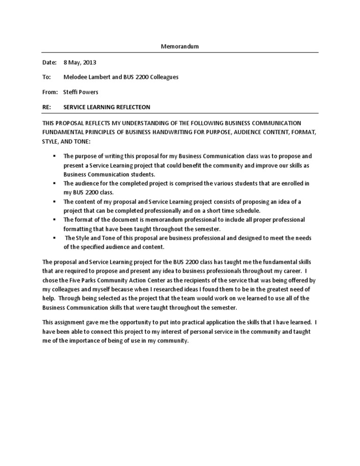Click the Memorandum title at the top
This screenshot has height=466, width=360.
(180, 46)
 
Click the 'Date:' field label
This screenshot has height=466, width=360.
(49, 62)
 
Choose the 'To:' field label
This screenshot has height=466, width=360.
(46, 77)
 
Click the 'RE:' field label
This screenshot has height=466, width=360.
(46, 107)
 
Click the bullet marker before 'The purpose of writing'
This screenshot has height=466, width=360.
(54, 155)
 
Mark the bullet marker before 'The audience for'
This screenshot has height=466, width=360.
(54, 182)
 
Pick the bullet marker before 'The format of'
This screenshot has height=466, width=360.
(54, 219)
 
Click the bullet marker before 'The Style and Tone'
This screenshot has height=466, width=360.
(54, 238)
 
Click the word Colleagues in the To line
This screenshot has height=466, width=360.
(164, 77)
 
